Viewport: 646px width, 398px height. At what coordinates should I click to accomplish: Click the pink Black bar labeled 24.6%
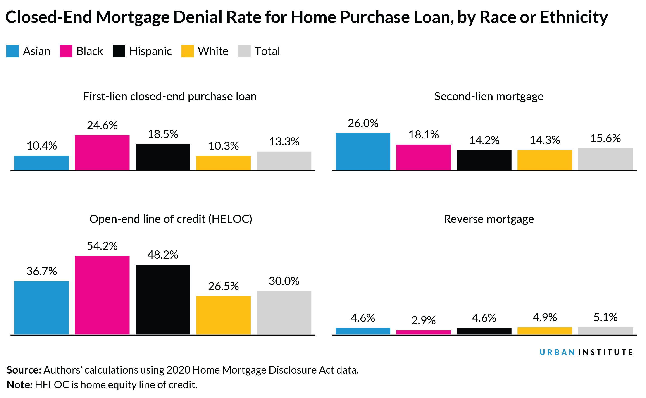(102, 153)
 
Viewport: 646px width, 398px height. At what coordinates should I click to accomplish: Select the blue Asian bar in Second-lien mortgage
(363, 152)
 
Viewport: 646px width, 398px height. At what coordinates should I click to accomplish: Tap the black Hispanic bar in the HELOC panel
(163, 300)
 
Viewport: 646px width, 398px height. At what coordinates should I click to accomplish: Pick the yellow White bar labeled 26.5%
(223, 315)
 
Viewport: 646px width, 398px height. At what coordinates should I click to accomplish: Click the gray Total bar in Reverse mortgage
(605, 331)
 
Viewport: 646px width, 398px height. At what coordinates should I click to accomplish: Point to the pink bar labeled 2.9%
(423, 332)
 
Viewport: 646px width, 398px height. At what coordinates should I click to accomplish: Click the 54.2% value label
(102, 246)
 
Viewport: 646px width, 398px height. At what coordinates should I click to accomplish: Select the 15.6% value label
(605, 138)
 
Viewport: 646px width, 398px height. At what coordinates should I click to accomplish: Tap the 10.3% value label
(223, 146)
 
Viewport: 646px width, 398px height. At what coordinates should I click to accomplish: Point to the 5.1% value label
(605, 317)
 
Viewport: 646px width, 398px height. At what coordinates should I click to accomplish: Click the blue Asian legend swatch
(12, 51)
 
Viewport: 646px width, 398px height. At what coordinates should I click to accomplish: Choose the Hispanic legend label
(150, 51)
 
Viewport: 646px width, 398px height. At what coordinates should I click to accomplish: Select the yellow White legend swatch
(187, 51)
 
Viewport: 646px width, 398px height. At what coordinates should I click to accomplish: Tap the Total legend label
(267, 51)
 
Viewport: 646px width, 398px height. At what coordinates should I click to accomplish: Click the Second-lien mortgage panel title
(489, 96)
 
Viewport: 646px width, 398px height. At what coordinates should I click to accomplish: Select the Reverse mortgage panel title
(489, 219)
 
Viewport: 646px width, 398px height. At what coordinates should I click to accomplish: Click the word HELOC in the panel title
(230, 219)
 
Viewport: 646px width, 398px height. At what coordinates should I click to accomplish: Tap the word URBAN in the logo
(557, 352)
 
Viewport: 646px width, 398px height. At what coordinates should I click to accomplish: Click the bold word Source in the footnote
(24, 370)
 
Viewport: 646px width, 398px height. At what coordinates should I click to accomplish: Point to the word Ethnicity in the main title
(574, 17)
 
